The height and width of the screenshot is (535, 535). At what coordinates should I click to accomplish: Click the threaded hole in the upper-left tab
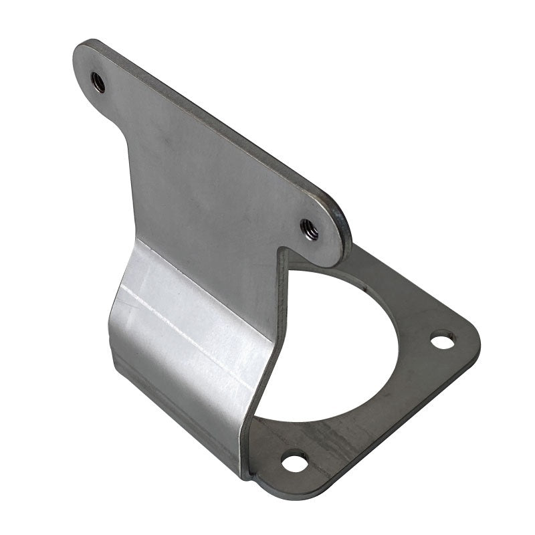pos(98,81)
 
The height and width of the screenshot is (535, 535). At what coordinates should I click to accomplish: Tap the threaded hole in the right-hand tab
pos(309,229)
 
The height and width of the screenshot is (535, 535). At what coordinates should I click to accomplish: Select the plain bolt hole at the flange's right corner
pos(441,340)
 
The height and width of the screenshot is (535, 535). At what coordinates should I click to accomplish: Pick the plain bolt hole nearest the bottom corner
pos(293,461)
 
